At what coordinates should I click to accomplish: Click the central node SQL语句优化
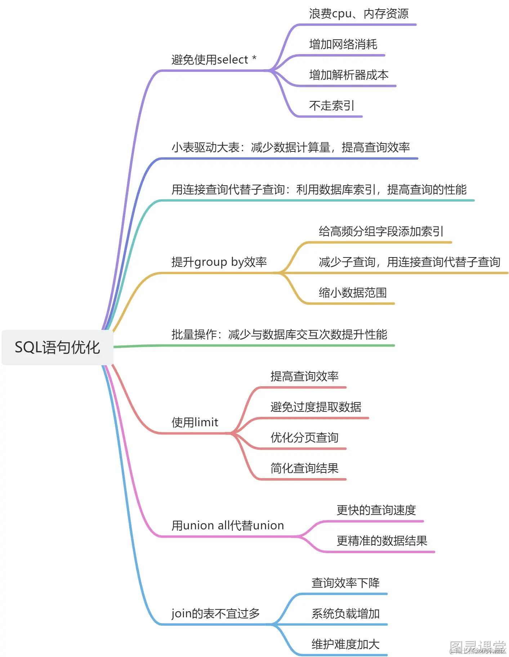[x=57, y=347]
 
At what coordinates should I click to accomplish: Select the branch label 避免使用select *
[x=214, y=59]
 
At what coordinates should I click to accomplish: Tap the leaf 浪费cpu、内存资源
[x=358, y=14]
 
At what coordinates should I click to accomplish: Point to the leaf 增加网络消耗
[x=343, y=44]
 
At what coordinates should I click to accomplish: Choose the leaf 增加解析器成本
[x=349, y=75]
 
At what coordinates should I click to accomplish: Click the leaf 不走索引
[x=331, y=106]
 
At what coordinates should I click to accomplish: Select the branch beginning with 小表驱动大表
[x=290, y=147]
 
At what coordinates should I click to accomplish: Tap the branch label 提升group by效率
[x=219, y=262]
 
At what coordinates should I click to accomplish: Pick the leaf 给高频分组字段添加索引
[x=381, y=231]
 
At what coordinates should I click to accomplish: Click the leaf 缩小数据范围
[x=353, y=292]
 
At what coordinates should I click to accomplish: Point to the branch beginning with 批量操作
[x=279, y=334]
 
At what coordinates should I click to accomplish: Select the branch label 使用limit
[x=195, y=422]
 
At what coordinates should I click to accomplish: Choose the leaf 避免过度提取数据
[x=316, y=407]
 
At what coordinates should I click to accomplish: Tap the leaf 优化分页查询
[x=304, y=437]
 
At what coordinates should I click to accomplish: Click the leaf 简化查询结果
[x=304, y=468]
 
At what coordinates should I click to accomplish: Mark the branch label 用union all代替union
[x=228, y=525]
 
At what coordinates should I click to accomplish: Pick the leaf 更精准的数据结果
[x=382, y=541]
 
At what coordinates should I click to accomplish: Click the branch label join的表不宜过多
[x=215, y=613]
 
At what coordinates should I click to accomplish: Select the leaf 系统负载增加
[x=345, y=613]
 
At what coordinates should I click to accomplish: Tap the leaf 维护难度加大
[x=345, y=644]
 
